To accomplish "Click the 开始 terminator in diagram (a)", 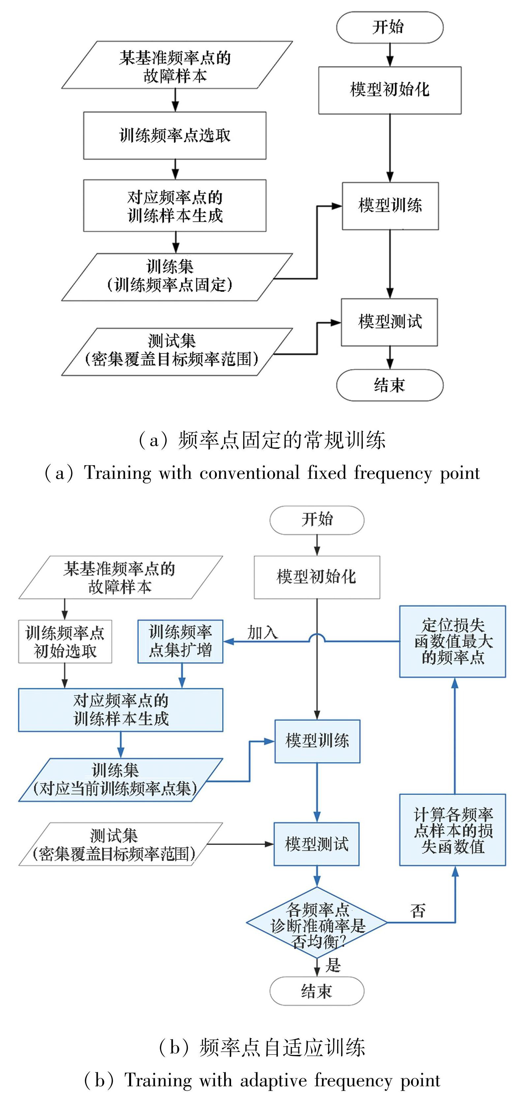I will pyautogui.click(x=389, y=27).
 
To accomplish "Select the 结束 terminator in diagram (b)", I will pyautogui.click(x=317, y=991).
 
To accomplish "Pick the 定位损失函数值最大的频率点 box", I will pyautogui.click(x=452, y=641).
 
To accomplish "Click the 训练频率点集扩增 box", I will pyautogui.click(x=180, y=641).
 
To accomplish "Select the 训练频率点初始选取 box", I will pyautogui.click(x=65, y=641).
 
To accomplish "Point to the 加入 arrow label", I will pyautogui.click(x=262, y=632).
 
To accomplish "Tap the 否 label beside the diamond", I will pyautogui.click(x=418, y=911).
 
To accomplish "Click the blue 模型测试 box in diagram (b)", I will pyautogui.click(x=317, y=844).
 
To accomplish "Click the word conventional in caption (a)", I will pyautogui.click(x=249, y=473).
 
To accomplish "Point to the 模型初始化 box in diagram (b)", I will pyautogui.click(x=317, y=577).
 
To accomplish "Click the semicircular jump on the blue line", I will pyautogui.click(x=317, y=638).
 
